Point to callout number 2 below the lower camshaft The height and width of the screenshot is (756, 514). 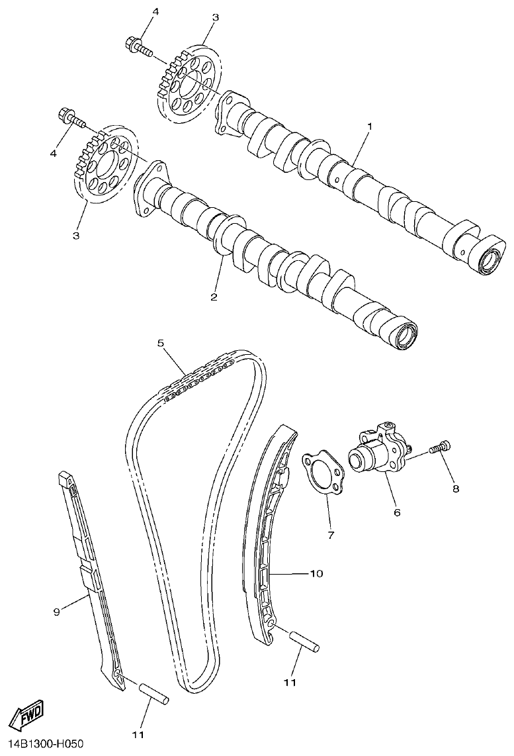click(214, 297)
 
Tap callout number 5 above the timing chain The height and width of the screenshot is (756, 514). click(161, 342)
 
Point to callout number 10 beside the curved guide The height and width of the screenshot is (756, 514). click(316, 573)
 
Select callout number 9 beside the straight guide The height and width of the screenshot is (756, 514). click(56, 612)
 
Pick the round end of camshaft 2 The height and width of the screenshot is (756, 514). click(404, 335)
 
